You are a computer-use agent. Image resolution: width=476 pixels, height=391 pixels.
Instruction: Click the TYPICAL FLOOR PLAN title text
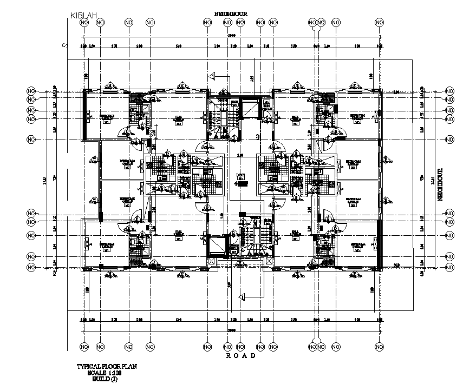click(x=108, y=367)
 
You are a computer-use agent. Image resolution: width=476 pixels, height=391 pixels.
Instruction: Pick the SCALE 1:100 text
click(x=108, y=373)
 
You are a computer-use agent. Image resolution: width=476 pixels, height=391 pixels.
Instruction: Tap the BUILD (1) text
click(x=108, y=379)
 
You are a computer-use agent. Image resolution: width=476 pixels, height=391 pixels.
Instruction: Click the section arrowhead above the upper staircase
click(x=213, y=76)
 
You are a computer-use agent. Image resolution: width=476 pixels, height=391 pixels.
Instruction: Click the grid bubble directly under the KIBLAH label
click(x=83, y=23)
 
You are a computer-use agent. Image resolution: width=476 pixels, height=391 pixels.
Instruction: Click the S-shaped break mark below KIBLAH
click(x=65, y=45)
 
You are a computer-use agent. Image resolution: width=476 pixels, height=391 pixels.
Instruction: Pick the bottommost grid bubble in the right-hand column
click(x=449, y=267)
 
